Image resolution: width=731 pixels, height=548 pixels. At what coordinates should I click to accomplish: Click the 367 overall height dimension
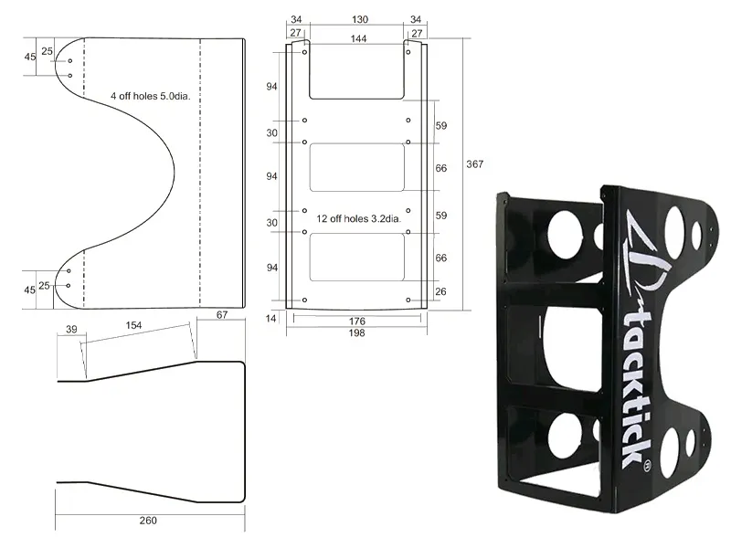point(474,164)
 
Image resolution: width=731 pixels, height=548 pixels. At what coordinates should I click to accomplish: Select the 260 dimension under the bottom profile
point(148,521)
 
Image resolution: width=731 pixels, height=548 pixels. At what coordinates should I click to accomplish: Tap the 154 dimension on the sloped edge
point(133,325)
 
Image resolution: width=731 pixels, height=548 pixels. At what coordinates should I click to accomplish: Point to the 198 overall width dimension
point(356,332)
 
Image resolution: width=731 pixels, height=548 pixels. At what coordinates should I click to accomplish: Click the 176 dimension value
point(357,321)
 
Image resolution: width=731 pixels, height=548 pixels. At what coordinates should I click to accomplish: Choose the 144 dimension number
point(358,38)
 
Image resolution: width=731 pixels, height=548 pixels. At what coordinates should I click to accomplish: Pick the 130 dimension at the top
point(359,19)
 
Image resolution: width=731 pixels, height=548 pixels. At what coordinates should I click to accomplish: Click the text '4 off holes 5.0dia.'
point(151,96)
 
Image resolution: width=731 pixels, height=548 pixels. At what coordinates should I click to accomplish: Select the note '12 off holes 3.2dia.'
point(358,218)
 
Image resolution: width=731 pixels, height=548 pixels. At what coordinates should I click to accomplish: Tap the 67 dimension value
point(222,314)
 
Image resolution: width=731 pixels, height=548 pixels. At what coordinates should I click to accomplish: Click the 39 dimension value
point(71,329)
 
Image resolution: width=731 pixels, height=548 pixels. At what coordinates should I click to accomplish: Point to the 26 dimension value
point(440,291)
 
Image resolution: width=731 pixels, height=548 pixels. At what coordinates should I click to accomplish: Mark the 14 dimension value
point(270,318)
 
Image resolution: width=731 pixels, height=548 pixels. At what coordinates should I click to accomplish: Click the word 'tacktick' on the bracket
point(638,391)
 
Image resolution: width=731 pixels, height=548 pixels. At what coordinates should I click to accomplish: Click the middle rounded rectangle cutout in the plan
point(356,167)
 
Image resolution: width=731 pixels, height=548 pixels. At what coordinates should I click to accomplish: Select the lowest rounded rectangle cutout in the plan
point(356,258)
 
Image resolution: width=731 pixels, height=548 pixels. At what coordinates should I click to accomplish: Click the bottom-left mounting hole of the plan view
point(305,300)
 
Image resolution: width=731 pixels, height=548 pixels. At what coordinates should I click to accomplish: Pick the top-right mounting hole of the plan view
point(408,52)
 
